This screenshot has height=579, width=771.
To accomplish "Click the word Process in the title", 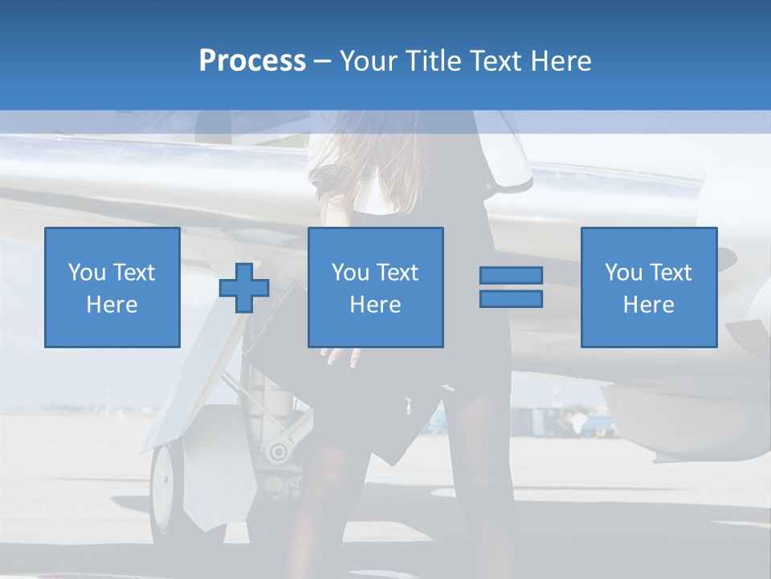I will (252, 61).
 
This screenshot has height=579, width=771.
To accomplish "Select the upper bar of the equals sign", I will (511, 276).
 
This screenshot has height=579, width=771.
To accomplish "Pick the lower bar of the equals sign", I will (511, 298).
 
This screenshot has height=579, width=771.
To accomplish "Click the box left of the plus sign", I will (112, 287).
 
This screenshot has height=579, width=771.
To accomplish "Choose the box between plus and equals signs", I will (375, 287).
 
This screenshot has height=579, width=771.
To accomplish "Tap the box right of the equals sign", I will (648, 287).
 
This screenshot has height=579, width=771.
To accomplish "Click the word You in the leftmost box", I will (87, 273).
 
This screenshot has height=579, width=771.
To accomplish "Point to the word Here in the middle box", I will (375, 305).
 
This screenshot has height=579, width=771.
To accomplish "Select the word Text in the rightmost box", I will (673, 273).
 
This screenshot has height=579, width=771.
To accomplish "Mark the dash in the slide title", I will (322, 61).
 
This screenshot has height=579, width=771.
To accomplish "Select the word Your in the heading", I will (370, 61).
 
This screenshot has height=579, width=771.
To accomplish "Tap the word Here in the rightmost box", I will (648, 305).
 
